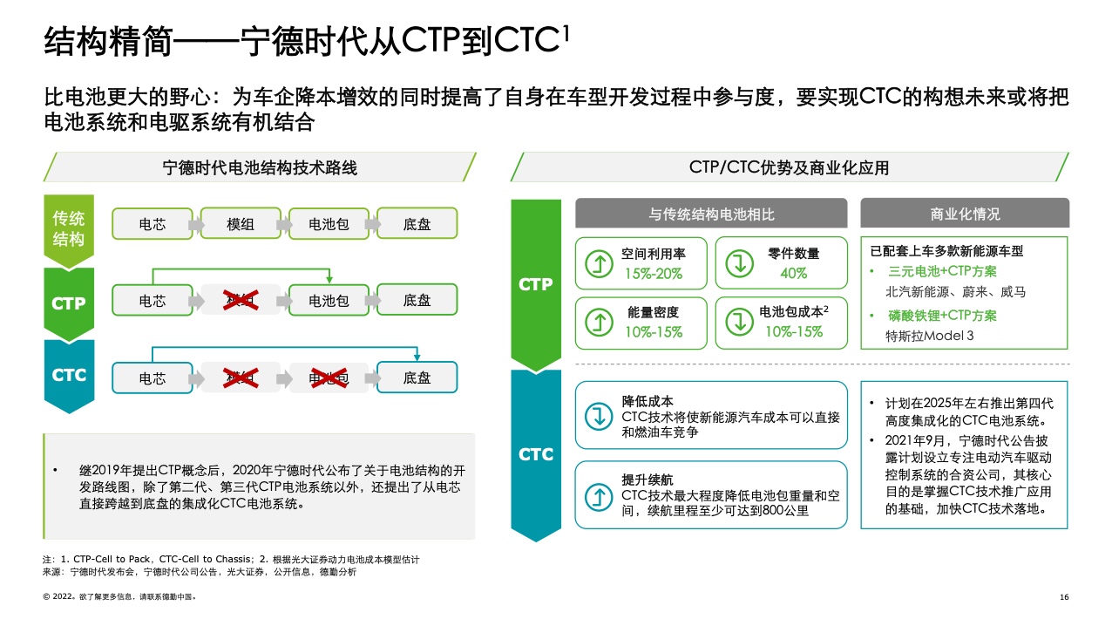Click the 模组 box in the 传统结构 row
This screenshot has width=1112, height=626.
click(241, 224)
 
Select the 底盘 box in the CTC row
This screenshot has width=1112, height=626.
click(417, 378)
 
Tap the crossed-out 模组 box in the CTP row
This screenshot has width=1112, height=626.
click(241, 301)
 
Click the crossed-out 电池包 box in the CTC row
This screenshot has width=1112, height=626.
click(329, 378)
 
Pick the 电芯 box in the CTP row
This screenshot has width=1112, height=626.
click(153, 301)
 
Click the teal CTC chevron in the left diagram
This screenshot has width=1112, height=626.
click(69, 376)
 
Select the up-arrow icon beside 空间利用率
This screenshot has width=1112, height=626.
click(599, 262)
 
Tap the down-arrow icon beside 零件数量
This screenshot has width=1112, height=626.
click(739, 262)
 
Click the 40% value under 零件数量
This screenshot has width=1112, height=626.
click(793, 273)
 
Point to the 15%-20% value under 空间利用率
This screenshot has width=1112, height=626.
click(653, 273)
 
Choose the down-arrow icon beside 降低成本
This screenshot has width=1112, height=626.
click(599, 416)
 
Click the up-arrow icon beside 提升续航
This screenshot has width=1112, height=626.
click(599, 495)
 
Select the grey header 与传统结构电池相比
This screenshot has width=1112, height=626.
click(711, 214)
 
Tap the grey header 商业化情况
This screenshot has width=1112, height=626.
click(965, 214)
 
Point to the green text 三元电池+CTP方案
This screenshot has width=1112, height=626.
click(941, 271)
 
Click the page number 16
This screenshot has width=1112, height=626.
click(1064, 597)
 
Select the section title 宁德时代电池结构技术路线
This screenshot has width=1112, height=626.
click(260, 167)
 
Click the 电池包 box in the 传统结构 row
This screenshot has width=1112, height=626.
click(329, 224)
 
